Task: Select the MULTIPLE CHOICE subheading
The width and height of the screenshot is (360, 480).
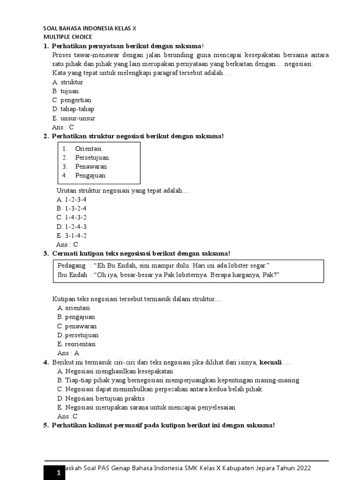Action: (68, 37)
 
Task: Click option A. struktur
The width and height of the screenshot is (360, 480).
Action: (68, 82)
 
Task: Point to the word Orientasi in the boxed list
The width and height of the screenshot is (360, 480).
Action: (88, 149)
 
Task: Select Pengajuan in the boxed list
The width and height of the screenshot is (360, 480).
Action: (90, 176)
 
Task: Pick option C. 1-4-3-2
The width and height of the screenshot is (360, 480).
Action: (72, 217)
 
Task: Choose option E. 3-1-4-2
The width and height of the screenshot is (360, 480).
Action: (72, 235)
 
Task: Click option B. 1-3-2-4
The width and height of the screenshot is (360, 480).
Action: (72, 208)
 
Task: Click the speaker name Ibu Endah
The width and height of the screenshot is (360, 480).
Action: (72, 275)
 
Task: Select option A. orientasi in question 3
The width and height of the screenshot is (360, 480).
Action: (74, 308)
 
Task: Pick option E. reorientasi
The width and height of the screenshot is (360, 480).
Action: (76, 344)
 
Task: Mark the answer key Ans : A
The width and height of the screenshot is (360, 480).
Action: (68, 353)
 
